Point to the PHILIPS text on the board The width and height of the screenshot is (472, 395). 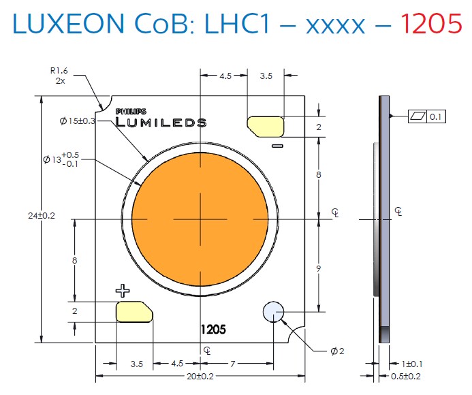(x=130, y=110)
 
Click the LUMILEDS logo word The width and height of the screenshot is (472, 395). (x=161, y=123)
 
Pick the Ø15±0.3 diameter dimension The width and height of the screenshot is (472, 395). (x=84, y=121)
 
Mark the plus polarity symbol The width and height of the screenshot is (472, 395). (x=123, y=291)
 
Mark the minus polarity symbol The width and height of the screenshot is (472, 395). (x=277, y=146)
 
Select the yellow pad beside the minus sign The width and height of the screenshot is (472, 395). (x=266, y=125)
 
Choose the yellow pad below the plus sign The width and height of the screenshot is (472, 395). (x=135, y=311)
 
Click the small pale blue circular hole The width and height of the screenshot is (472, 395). (x=274, y=312)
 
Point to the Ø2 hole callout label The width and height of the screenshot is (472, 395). (x=337, y=351)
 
